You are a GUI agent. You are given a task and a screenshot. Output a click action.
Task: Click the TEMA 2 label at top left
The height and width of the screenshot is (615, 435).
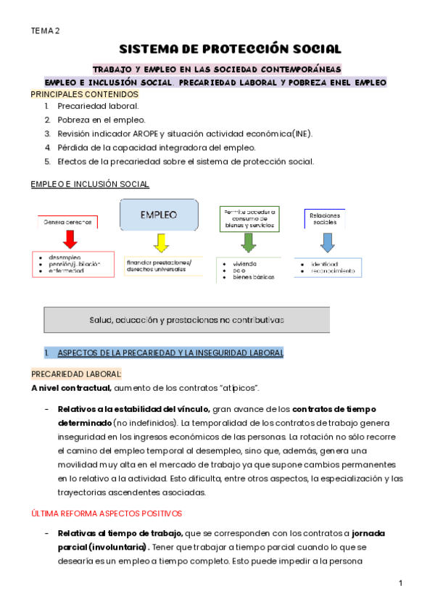(x=45, y=30)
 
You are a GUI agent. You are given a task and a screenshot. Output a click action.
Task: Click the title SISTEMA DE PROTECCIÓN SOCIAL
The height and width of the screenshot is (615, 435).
(x=230, y=49)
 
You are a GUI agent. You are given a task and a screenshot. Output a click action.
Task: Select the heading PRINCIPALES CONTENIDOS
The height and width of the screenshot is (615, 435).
(x=84, y=94)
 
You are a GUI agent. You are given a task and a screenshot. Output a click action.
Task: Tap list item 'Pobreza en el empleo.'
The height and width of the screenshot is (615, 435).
(x=101, y=119)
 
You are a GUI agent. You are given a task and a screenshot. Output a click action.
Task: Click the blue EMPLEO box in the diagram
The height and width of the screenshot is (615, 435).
(x=159, y=215)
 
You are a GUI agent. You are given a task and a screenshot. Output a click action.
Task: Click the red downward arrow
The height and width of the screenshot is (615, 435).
(x=70, y=239)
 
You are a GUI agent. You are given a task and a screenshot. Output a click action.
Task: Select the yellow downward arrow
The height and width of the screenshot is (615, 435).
(x=161, y=241)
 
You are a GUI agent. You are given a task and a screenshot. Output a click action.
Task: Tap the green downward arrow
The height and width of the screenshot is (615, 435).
(x=249, y=241)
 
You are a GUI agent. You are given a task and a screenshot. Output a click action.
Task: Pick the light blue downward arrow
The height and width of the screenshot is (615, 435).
(x=328, y=240)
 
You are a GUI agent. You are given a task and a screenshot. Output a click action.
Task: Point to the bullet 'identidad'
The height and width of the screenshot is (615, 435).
(x=324, y=264)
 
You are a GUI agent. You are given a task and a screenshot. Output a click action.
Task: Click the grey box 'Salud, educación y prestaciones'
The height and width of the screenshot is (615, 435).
(x=187, y=319)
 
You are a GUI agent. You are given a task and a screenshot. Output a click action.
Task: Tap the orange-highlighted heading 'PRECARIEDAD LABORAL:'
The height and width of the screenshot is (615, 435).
(x=76, y=373)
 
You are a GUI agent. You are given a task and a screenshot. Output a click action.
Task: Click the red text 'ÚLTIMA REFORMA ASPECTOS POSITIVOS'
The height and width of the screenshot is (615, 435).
(x=106, y=513)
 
